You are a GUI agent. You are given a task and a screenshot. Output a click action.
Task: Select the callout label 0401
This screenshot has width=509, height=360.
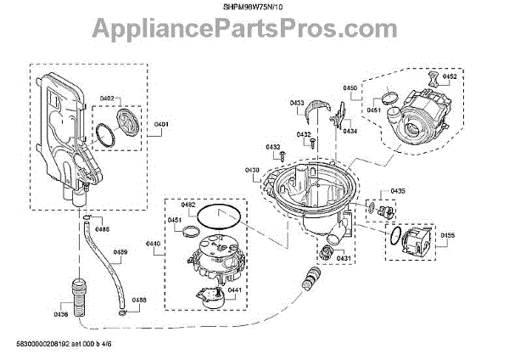(x=162, y=125)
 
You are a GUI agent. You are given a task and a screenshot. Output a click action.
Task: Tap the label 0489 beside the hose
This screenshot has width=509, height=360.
(x=121, y=252)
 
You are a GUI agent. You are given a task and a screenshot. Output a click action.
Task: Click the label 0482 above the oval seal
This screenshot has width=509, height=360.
(x=188, y=205)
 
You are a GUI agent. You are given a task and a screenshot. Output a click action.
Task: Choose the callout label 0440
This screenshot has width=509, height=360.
(x=154, y=244)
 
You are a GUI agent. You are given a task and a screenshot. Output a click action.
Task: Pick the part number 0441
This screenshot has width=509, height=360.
(x=234, y=290)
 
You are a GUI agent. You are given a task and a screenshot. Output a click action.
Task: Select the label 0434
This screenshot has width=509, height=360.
(x=350, y=131)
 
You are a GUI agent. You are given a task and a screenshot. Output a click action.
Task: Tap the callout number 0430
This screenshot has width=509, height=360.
(x=252, y=171)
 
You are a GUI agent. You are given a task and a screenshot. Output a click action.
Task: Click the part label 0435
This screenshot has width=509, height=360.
(x=397, y=191)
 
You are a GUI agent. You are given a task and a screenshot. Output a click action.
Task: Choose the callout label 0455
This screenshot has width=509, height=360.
(x=448, y=234)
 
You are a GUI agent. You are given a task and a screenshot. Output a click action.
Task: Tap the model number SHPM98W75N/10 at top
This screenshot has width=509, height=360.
(x=254, y=9)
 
